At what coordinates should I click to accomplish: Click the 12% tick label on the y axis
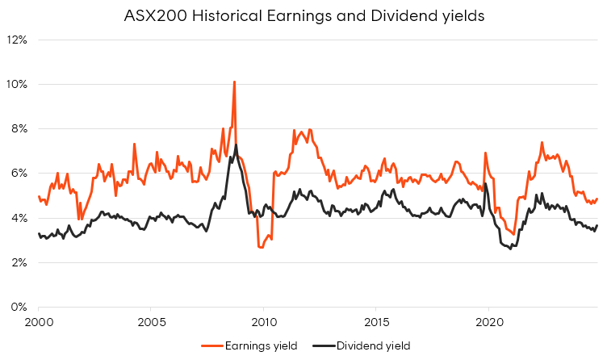(18, 40)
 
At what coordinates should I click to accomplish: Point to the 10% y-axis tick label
(18, 84)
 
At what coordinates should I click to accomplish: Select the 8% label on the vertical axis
(20, 128)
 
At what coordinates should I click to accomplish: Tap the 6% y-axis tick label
(20, 173)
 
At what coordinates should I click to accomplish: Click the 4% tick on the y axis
(20, 218)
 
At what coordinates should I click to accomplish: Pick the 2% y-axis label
(20, 262)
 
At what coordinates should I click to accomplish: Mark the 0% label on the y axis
(20, 307)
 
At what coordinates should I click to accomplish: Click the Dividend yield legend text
(375, 345)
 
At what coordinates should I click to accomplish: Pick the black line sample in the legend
(324, 345)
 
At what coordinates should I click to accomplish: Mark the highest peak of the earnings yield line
(234, 82)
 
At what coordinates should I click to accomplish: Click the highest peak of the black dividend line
(236, 145)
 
